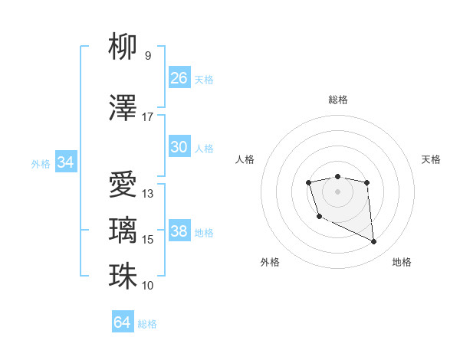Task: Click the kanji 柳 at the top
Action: pos(123,47)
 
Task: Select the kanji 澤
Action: pos(123,109)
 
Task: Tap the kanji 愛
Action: pos(123,185)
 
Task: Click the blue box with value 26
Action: pos(179,78)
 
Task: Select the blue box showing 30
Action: pos(179,147)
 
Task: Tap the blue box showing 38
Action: pos(179,231)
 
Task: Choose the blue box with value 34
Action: pos(66,162)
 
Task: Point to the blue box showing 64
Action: pos(123,322)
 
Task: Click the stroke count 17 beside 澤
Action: pos(148,117)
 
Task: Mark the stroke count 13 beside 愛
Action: pos(148,194)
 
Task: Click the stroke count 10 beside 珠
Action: pos(148,286)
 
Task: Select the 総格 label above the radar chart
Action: pos(337,100)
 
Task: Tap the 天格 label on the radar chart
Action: pos(431,159)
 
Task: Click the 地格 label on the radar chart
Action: pos(402,263)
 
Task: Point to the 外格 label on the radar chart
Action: pos(270,263)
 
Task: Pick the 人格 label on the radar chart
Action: pos(245,159)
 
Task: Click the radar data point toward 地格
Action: pos(374,242)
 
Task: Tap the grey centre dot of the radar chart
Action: pos(337,191)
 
